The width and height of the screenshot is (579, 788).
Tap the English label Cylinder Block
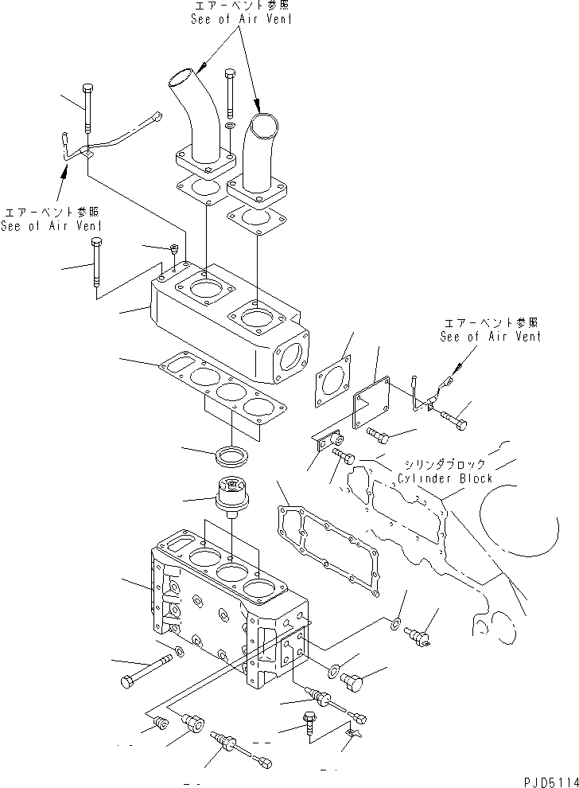click(x=445, y=478)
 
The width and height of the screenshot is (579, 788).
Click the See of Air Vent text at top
click(x=241, y=18)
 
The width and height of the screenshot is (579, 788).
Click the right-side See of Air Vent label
click(x=490, y=337)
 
